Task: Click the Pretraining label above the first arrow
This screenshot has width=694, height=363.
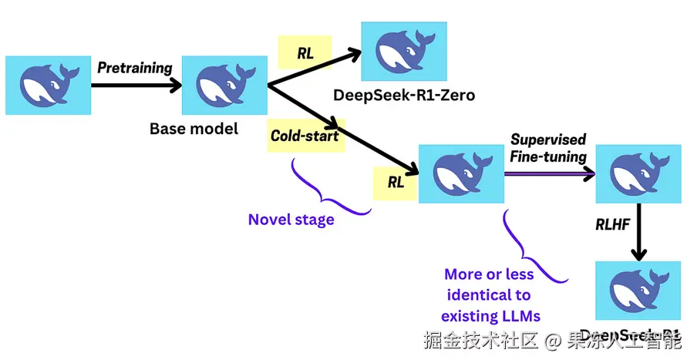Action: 134,68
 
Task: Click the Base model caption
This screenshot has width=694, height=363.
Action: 194,128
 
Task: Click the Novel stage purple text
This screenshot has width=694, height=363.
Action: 291,220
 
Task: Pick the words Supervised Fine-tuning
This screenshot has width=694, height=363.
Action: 548,148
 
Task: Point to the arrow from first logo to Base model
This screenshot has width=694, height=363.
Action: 135,86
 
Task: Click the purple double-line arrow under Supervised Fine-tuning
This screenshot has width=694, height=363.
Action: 549,175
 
